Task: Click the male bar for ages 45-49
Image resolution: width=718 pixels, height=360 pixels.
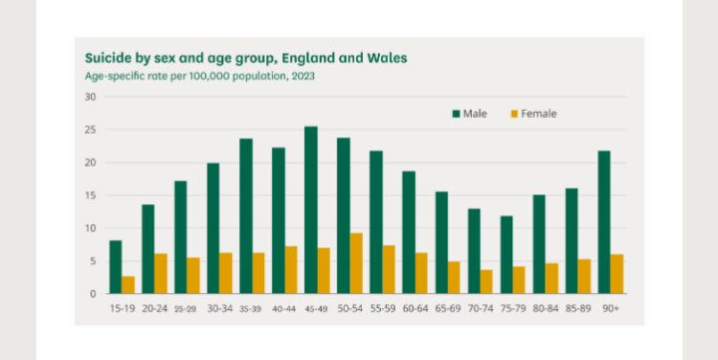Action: (x=311, y=210)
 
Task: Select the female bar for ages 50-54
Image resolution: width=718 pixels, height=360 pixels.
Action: (x=356, y=263)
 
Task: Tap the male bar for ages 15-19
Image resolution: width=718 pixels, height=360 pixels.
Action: (x=116, y=267)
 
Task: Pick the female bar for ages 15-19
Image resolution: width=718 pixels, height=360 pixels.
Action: (x=128, y=284)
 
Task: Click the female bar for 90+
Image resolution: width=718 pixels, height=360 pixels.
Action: (x=617, y=274)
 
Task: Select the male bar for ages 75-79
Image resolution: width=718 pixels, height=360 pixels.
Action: (x=506, y=255)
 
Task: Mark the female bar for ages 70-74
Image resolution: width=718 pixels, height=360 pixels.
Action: (x=486, y=281)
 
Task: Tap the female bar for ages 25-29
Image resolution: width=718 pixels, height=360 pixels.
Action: (x=193, y=276)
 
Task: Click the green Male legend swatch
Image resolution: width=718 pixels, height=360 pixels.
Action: (x=456, y=114)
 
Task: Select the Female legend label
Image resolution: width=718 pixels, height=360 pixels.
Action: (x=538, y=114)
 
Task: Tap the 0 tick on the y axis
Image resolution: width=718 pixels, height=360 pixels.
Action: (x=93, y=294)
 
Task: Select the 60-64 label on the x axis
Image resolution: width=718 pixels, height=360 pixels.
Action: (x=415, y=310)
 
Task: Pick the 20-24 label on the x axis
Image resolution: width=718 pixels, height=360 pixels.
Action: (x=154, y=310)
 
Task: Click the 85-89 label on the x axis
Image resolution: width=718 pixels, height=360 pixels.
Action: (x=578, y=310)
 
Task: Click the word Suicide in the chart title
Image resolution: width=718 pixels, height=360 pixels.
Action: (x=107, y=57)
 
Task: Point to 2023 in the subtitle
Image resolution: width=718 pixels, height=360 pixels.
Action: (x=303, y=76)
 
